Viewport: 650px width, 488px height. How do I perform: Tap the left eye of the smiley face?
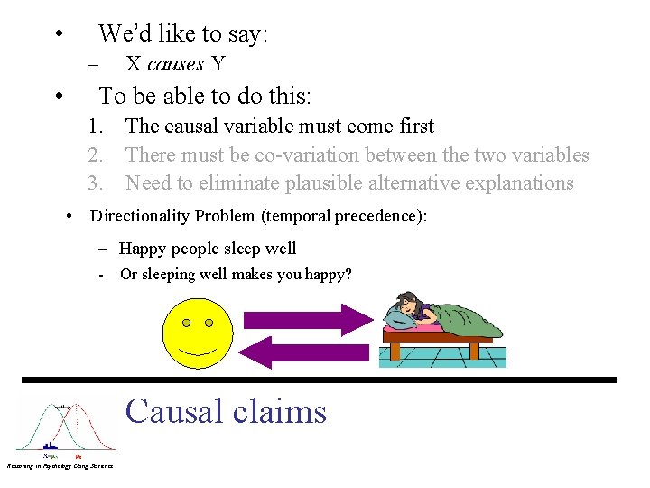186,323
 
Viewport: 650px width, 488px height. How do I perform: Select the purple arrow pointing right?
308,319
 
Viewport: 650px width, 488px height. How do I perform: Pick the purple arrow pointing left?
306,352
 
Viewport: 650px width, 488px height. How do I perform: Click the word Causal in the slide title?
174,411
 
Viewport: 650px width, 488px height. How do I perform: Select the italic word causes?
175,63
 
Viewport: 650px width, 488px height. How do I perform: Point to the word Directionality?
140,216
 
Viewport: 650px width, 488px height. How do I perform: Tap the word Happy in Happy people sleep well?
143,249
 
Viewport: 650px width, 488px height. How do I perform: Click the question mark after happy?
348,275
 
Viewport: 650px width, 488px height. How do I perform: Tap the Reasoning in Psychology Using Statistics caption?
60,465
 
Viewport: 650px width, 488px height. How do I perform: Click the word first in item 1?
412,127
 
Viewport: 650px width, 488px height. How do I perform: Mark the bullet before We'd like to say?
58,35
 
